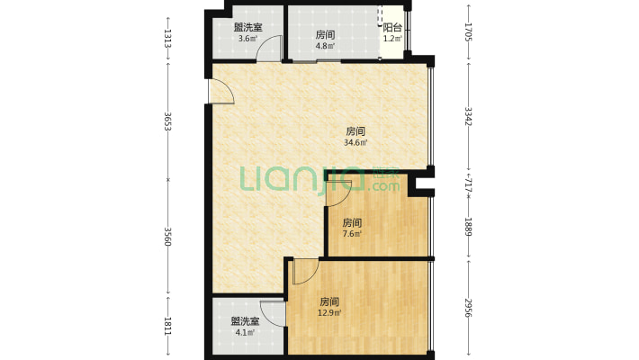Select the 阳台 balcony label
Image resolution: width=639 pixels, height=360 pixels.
tap(392, 28)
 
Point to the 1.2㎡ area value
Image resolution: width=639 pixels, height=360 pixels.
tap(392, 39)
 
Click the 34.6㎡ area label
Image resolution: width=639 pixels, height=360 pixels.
tap(355, 142)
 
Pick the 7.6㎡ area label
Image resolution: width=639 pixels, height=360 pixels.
tap(351, 235)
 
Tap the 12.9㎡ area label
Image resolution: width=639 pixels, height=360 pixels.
tap(329, 312)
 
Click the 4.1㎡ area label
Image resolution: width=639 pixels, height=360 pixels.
tap(245, 332)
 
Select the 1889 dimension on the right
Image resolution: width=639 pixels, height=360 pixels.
tap(468, 224)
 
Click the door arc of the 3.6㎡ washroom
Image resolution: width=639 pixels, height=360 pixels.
tap(268, 49)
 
